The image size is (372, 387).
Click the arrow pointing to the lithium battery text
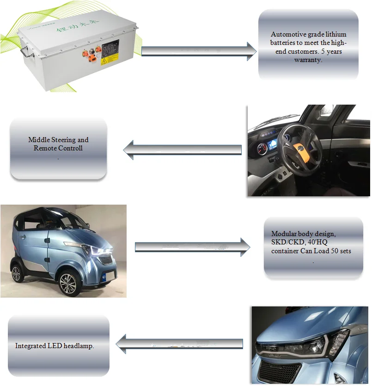(x=199, y=50)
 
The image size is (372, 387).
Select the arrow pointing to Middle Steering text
(x=183, y=150)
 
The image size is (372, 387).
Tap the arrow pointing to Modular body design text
(x=192, y=246)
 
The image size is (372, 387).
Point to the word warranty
(x=308, y=60)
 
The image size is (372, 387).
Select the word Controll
(x=70, y=148)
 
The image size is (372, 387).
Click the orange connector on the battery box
(x=93, y=58)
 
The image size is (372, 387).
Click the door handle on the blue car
(x=46, y=241)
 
